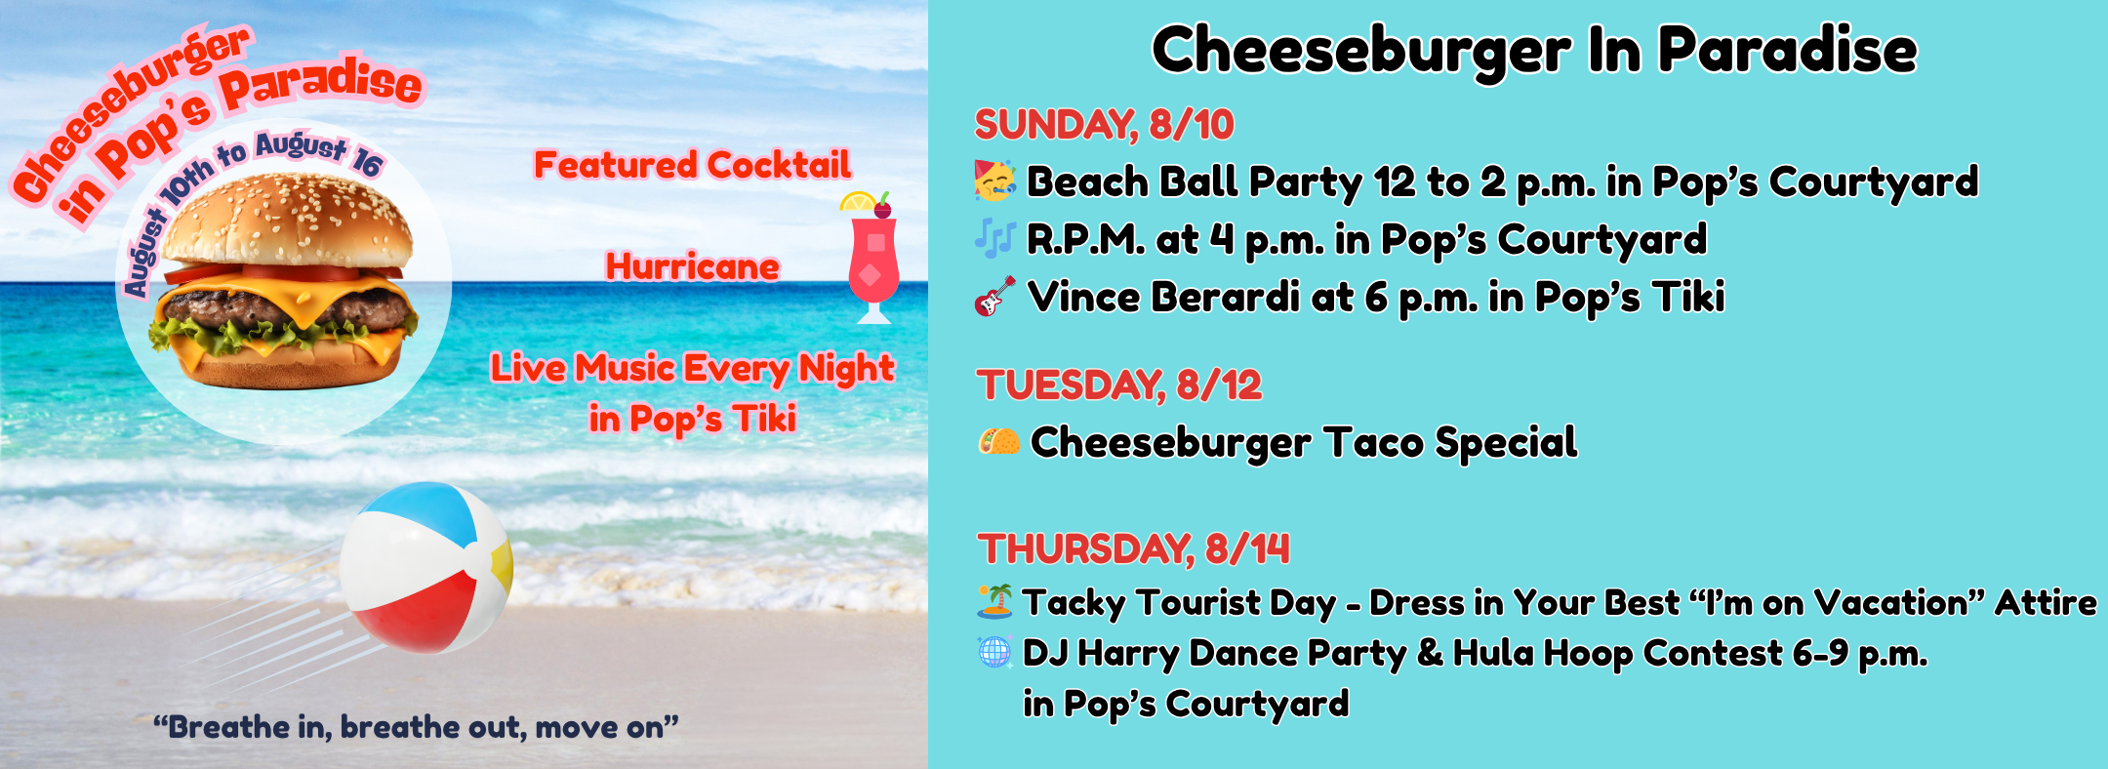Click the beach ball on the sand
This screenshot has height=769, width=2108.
click(x=426, y=568)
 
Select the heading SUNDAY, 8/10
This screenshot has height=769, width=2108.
click(x=1104, y=125)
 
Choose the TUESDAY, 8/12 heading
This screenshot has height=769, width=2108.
click(x=1118, y=385)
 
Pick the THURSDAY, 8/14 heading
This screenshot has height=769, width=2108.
click(x=1133, y=549)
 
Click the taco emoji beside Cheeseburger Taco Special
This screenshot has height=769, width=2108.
click(x=998, y=443)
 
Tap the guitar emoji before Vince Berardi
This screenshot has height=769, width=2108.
click(x=994, y=297)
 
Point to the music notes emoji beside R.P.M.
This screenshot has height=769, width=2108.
click(x=994, y=239)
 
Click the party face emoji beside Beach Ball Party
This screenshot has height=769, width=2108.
click(x=994, y=182)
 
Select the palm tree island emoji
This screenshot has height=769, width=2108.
click(x=994, y=602)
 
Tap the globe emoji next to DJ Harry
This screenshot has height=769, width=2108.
click(x=994, y=652)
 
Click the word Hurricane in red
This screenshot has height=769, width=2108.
click(x=692, y=266)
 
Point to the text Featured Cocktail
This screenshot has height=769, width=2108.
click(x=692, y=165)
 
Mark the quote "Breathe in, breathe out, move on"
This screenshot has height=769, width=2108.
click(x=416, y=727)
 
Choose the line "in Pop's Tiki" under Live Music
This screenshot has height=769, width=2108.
click(x=692, y=419)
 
